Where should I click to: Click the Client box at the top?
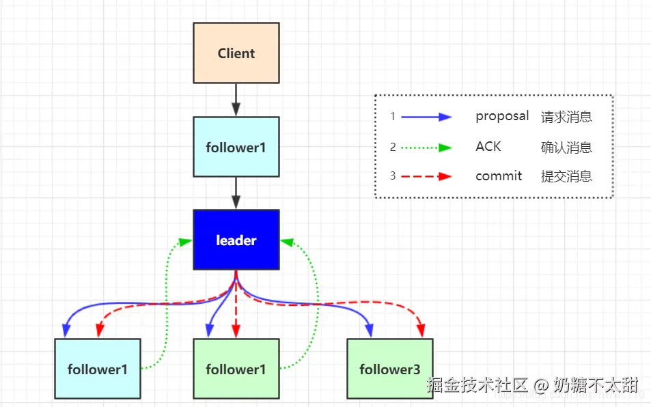click(x=236, y=53)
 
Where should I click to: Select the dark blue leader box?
click(x=236, y=240)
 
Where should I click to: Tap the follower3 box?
click(x=389, y=369)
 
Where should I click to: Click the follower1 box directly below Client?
click(x=236, y=146)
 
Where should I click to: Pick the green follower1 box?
click(x=236, y=369)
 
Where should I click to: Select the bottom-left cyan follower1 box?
click(x=97, y=369)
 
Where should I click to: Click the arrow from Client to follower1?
click(x=236, y=100)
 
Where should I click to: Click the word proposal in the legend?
click(x=502, y=116)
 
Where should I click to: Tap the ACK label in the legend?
click(x=488, y=146)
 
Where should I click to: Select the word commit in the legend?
click(x=499, y=176)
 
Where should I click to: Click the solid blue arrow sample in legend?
click(x=426, y=117)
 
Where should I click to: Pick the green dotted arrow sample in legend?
click(x=426, y=147)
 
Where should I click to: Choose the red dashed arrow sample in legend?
click(x=426, y=176)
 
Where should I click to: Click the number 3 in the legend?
click(x=393, y=176)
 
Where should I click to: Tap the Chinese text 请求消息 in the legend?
click(x=566, y=117)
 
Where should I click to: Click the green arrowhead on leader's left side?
click(x=184, y=241)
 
